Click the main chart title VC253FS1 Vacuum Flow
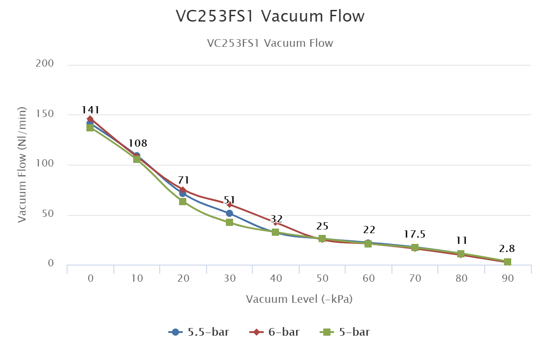point(270,16)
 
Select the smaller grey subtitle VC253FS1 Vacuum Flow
point(270,43)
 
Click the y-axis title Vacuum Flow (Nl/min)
point(22,165)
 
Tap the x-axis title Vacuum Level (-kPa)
point(299,299)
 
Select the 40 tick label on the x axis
point(276,279)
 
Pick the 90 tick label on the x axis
point(508,279)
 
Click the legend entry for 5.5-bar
point(199,332)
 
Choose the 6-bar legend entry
point(275,332)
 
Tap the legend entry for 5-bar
point(345,332)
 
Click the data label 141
point(90,110)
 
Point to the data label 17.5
point(415,234)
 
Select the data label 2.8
point(507,249)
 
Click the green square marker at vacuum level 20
point(183,202)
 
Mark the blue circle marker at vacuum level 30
point(229,213)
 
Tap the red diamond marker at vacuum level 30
point(229,205)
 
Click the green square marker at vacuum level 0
point(90,128)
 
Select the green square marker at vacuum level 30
point(229,222)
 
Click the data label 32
point(276,219)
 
